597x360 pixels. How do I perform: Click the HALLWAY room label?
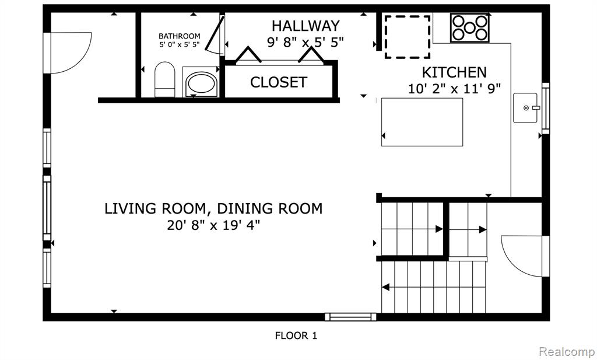coord(305,26)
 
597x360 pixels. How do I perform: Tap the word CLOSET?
coord(278,82)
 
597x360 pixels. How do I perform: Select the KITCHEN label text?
coord(454,72)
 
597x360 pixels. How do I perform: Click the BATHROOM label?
coord(180,36)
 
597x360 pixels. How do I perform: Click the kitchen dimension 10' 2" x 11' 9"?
coord(454,89)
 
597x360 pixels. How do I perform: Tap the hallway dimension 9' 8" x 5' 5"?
coord(305,42)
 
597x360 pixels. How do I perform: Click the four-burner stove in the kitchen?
coord(470,28)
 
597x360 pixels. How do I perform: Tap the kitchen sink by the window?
coord(525,108)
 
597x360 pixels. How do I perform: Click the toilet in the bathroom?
coord(165,79)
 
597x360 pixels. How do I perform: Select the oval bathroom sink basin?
coord(201,83)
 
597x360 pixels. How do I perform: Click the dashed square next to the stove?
coord(408,37)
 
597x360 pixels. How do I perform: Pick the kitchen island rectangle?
coord(422,122)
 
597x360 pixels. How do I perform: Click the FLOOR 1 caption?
coord(296,335)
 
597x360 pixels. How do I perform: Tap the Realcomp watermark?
coord(567,351)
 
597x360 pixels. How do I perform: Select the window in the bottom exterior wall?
coord(350,317)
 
